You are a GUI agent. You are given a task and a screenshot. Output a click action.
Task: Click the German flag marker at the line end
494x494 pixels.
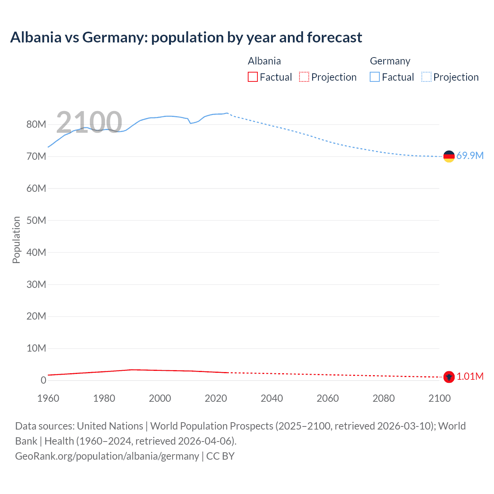(x=449, y=156)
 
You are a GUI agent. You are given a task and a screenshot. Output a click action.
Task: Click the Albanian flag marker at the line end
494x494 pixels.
(x=449, y=377)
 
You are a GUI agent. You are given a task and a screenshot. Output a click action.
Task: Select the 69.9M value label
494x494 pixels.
(x=470, y=156)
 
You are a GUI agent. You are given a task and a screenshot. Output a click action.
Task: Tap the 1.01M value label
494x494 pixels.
(x=470, y=377)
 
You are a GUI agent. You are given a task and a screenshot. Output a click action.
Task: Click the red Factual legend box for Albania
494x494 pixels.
(x=253, y=77)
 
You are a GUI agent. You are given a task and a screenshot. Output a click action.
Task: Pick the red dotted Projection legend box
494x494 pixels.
(x=304, y=77)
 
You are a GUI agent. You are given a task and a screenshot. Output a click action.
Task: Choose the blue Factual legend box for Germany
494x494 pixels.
(x=375, y=77)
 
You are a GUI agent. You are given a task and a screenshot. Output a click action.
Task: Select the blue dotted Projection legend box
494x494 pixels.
(x=426, y=77)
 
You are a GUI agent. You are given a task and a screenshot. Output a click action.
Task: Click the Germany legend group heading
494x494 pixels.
(x=390, y=61)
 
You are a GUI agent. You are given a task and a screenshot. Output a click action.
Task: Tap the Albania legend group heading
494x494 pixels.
(x=264, y=61)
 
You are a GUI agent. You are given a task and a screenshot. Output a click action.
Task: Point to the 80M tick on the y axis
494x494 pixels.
(x=36, y=125)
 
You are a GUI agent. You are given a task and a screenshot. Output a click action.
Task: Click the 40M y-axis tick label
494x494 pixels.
(x=36, y=252)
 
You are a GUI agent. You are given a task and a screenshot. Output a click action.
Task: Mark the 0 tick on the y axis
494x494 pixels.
(x=43, y=380)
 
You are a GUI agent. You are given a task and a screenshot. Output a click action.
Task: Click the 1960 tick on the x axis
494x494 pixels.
(x=48, y=398)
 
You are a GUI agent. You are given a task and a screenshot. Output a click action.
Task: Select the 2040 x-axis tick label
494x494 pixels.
(x=272, y=398)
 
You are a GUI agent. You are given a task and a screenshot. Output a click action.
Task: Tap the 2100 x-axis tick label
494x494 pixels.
(x=439, y=398)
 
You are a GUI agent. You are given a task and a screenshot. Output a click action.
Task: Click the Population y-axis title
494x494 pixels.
(x=16, y=240)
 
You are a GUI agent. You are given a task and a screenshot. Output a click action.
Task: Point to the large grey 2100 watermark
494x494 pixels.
(x=89, y=122)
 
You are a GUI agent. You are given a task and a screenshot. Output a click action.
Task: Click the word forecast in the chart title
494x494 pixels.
(x=334, y=37)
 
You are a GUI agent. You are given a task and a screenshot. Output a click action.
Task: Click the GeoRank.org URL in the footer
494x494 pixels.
(x=107, y=456)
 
